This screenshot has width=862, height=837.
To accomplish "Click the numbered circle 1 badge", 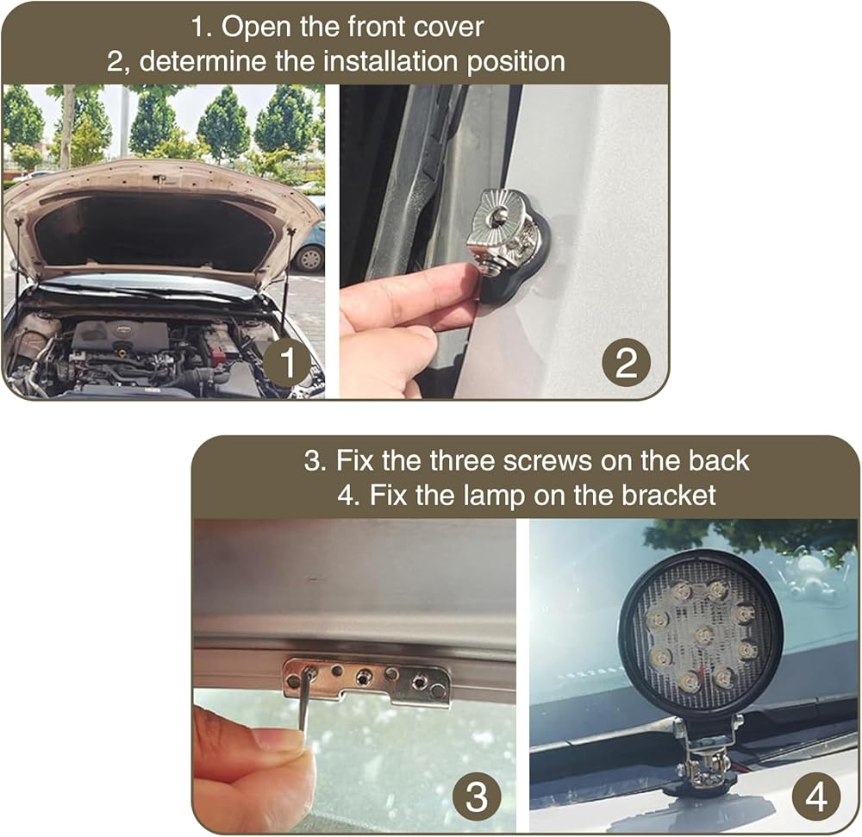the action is [287, 362].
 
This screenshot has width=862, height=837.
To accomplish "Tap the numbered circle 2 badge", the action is [626, 362].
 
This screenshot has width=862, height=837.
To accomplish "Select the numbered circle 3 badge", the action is [477, 796].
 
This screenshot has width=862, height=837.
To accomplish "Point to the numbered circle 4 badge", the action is [815, 796].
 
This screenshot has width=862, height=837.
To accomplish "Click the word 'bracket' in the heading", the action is [669, 495].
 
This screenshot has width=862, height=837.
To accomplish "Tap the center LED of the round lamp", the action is [703, 635].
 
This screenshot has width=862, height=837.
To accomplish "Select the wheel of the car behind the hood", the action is [309, 259].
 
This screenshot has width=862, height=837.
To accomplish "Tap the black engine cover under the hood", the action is [121, 338].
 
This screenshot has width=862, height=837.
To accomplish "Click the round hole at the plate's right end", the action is [437, 690].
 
